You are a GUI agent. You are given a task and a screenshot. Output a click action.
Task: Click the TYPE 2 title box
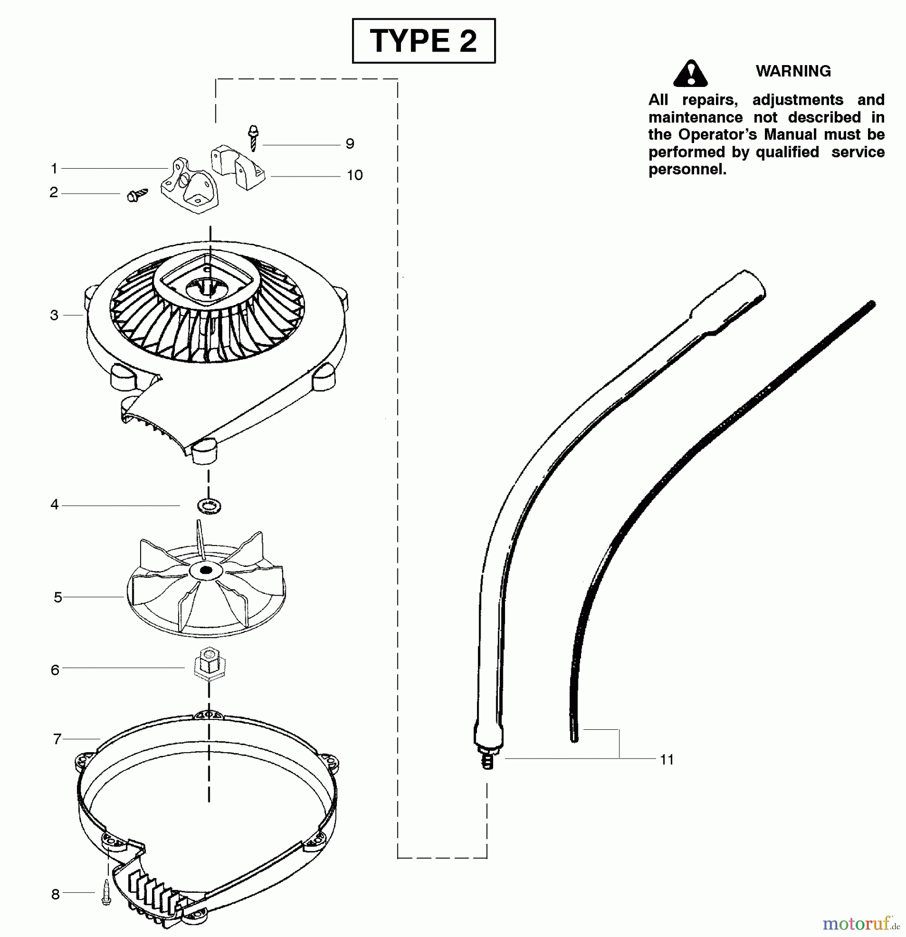(x=423, y=41)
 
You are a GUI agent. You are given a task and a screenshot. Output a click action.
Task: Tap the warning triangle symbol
(x=690, y=73)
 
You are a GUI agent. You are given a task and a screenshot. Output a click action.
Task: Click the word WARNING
(x=793, y=71)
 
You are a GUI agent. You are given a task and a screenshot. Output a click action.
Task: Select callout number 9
(x=350, y=144)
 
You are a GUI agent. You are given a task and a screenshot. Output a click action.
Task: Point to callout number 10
(x=355, y=175)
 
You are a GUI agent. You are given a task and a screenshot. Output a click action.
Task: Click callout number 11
(x=666, y=759)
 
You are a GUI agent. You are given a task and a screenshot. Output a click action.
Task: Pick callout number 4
(x=55, y=504)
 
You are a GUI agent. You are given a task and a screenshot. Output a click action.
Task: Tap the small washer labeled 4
(x=209, y=505)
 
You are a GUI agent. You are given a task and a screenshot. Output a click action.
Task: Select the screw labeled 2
(x=137, y=195)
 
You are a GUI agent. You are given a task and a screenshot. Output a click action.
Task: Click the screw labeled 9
(x=254, y=137)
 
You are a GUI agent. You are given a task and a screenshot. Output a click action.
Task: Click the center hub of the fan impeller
(x=206, y=571)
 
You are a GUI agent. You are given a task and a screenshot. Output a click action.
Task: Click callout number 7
(x=57, y=739)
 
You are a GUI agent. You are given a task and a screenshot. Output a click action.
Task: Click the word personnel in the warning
(x=687, y=170)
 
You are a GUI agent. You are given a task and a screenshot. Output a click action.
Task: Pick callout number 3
(x=54, y=315)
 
